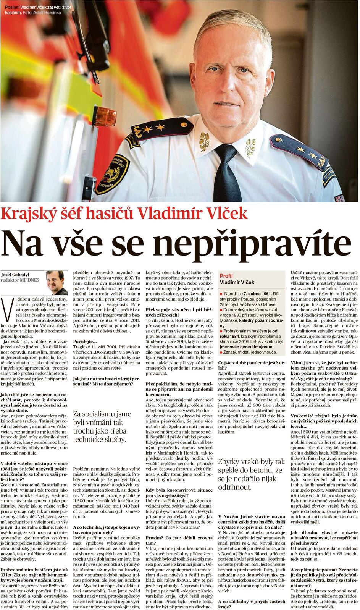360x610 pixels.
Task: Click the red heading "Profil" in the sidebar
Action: coord(226,276)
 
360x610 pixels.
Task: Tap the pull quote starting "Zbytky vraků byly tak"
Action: coord(251,474)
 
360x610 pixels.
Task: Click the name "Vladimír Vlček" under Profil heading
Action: coord(237,282)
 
